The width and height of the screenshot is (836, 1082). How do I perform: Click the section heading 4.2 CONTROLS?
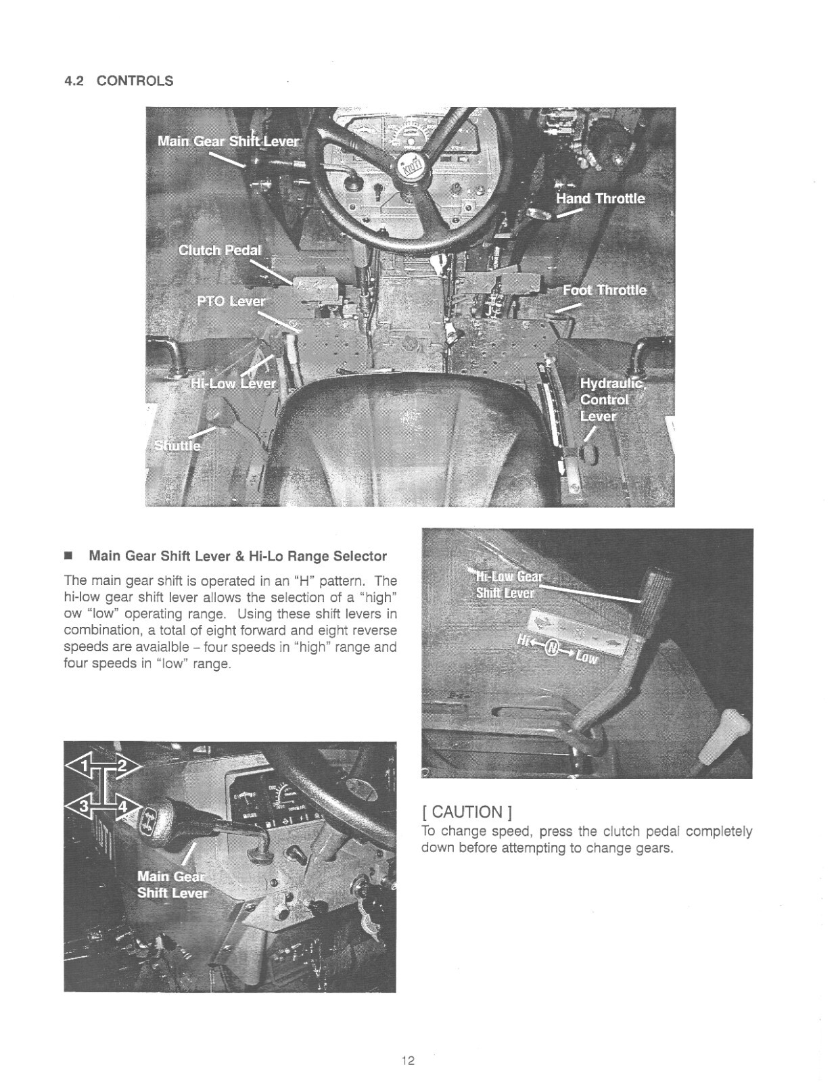[x=118, y=81]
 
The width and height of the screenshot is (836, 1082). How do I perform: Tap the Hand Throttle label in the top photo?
[x=600, y=198]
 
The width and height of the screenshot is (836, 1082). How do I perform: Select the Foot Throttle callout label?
[x=605, y=290]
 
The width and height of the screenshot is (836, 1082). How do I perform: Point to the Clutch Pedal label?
[x=218, y=250]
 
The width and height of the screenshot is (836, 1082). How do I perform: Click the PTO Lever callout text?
[x=231, y=301]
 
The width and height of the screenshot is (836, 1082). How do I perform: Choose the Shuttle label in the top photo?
[x=177, y=446]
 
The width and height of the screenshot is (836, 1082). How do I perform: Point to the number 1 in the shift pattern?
[x=85, y=766]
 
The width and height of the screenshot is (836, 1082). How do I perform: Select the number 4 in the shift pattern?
[x=122, y=807]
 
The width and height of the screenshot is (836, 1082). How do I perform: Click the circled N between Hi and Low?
[x=553, y=650]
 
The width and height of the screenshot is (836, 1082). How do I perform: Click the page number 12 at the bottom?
[x=407, y=1060]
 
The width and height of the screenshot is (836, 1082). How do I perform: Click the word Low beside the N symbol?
[x=586, y=657]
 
